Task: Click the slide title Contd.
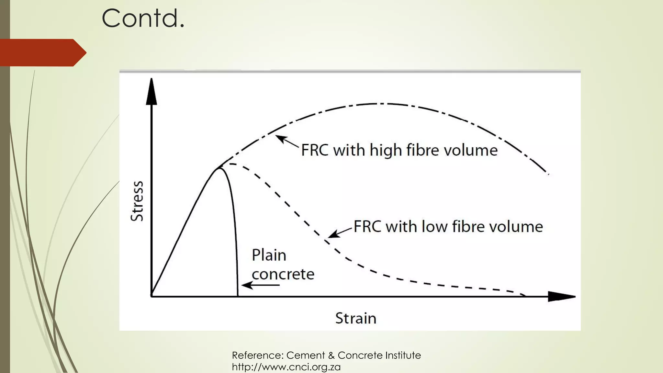tap(143, 18)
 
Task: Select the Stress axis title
tap(137, 201)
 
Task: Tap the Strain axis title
tap(356, 318)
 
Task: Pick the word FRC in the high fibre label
tap(315, 150)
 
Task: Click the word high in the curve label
tap(386, 150)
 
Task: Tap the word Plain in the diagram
tap(269, 255)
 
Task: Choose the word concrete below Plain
tap(283, 274)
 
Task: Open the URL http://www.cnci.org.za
tap(286, 367)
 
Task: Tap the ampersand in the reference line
tap(331, 356)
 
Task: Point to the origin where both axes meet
tap(152, 296)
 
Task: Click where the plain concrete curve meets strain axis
tap(238, 296)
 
